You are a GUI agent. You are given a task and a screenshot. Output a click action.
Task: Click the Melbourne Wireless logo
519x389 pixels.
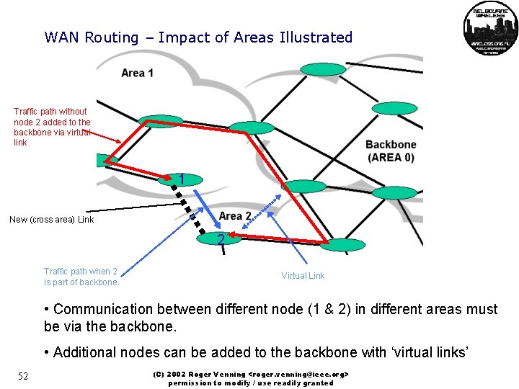point(490,27)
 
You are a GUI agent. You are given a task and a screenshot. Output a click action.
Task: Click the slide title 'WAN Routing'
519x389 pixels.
point(91,37)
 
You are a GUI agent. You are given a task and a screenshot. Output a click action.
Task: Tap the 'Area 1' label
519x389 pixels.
point(137,73)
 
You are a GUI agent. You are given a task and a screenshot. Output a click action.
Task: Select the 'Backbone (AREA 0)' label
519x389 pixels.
point(390,151)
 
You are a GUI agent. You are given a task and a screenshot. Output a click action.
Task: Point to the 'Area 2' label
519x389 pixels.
point(235,216)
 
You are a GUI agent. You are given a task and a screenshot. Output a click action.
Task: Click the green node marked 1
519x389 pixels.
point(181,179)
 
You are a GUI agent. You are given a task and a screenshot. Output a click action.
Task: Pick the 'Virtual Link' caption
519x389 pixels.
point(303,276)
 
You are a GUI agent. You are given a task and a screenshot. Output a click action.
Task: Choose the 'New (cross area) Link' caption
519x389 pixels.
point(51,220)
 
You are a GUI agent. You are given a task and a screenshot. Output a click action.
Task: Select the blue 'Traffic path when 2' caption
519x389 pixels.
point(81,277)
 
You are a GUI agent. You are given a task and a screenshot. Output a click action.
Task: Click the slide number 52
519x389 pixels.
point(23,377)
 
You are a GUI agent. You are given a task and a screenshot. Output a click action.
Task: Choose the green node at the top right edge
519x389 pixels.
point(394,109)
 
